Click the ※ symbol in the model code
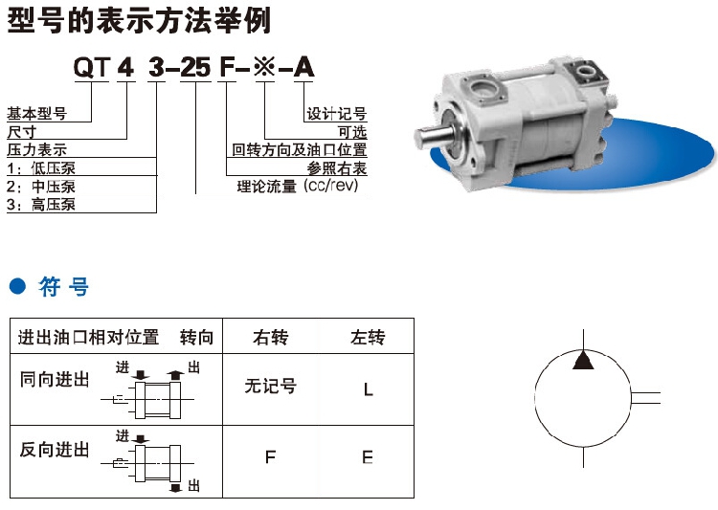264,68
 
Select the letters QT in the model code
92,68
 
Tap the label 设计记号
337,114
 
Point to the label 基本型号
37,114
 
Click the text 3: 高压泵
41,204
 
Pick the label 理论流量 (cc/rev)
298,187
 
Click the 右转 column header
271,338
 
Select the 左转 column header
368,338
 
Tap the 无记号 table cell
271,386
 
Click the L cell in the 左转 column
369,390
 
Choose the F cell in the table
270,456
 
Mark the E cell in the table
368,456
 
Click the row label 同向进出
54,380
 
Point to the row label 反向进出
54,450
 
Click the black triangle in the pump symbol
583,361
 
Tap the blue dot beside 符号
18,287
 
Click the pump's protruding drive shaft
433,136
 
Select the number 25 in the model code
195,68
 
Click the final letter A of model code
303,68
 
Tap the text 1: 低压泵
41,168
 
